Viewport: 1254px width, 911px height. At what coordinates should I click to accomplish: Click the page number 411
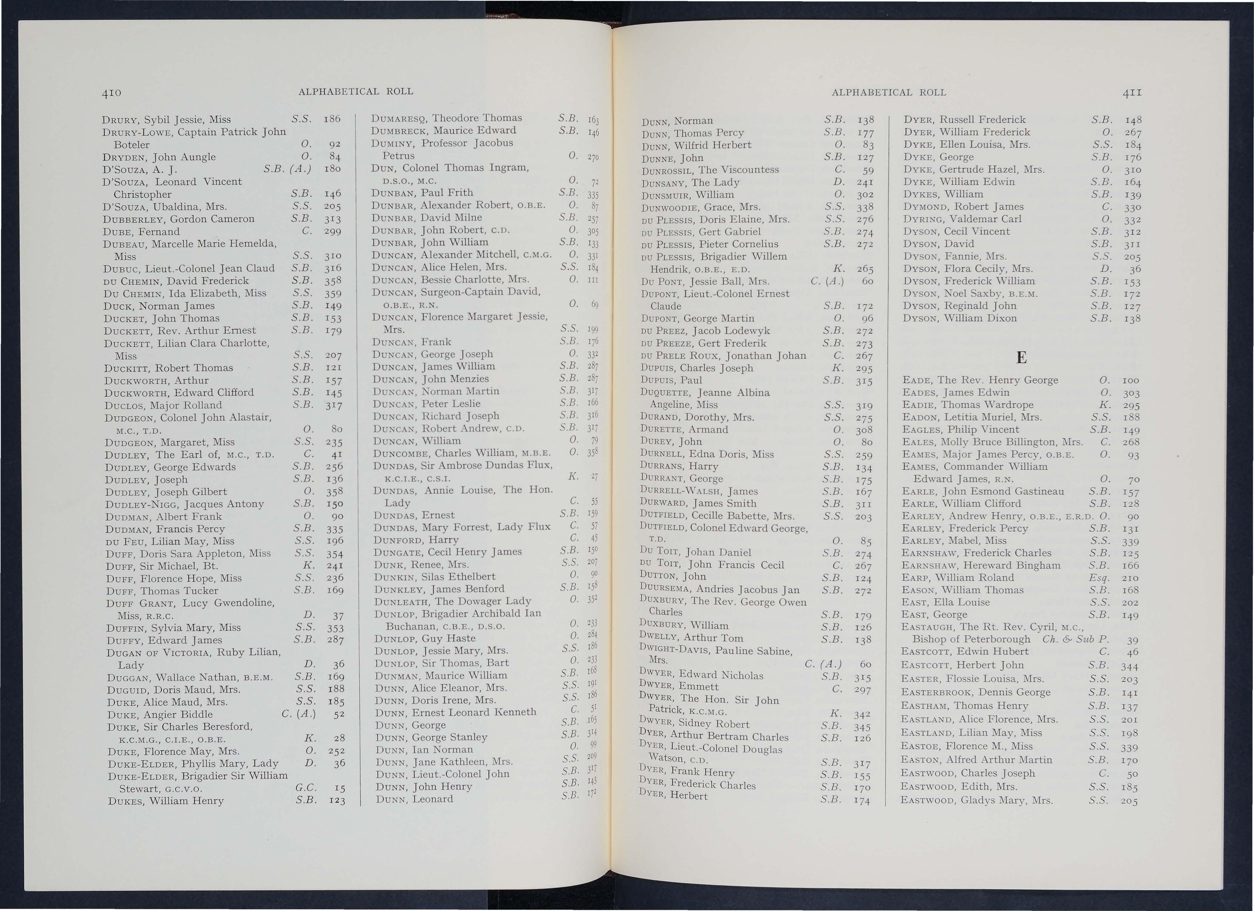1132,92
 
